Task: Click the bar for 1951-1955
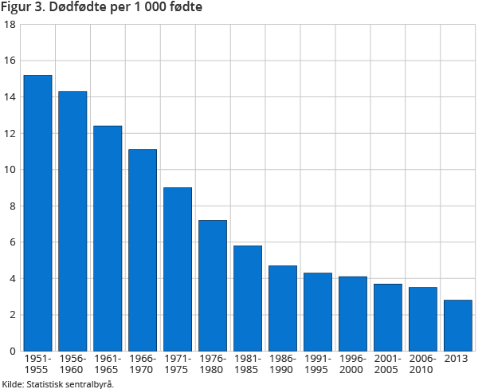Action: [37, 213]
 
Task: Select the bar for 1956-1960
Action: [73, 221]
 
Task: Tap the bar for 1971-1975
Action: [178, 269]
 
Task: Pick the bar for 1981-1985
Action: [248, 298]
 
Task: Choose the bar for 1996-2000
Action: [353, 313]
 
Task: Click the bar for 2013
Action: [458, 325]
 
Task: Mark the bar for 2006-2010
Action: [423, 319]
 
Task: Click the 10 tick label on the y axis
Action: [10, 170]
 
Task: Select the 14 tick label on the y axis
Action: [10, 97]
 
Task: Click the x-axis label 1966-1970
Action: [143, 364]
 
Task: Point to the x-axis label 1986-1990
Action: [283, 364]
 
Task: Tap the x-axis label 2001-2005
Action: [388, 364]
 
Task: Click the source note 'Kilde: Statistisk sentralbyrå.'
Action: [57, 383]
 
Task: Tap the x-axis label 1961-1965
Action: [108, 364]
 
